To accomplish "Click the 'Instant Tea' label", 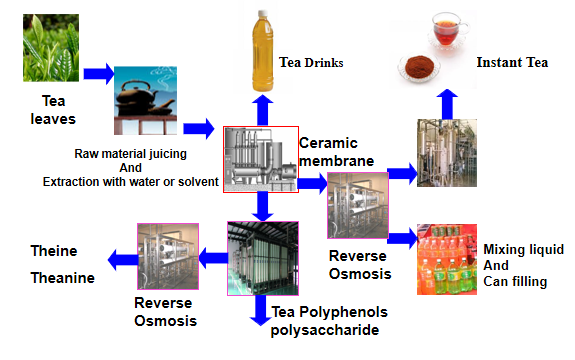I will tap(512, 62).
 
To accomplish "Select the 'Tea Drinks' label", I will tap(311, 62).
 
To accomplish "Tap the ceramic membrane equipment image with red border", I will tap(260, 160).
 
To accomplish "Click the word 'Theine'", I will tap(54, 250).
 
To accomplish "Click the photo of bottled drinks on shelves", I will tap(447, 259).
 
